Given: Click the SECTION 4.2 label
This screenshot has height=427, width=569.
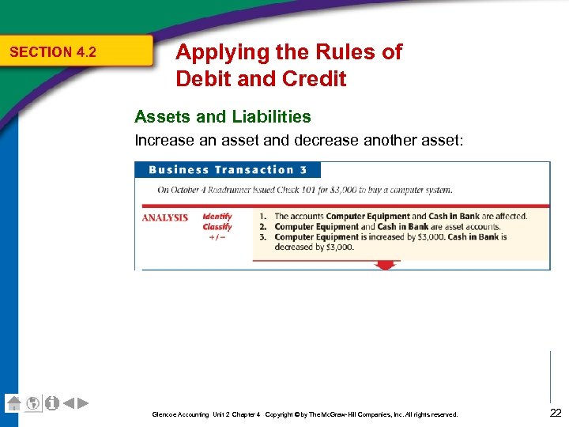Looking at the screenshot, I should coord(52,52).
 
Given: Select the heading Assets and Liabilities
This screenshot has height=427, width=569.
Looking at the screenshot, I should coord(223,117).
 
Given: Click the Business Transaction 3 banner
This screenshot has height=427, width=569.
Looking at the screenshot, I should coord(227,170).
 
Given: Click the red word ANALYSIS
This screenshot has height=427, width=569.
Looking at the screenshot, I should coord(164,217).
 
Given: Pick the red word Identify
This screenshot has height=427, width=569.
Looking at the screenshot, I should coord(217,216).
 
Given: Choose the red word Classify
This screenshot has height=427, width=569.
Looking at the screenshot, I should coord(217,226).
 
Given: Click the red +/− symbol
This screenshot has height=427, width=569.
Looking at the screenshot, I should coord(217,237).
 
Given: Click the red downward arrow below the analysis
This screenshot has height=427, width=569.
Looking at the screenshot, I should coord(386,265).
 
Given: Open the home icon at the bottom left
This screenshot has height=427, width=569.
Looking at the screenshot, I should coord(13,402).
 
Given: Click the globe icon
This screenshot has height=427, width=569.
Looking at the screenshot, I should coord(32,402).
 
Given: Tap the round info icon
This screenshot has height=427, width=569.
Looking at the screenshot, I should coord(51,402).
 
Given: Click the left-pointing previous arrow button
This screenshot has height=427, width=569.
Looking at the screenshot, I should coord(69,402).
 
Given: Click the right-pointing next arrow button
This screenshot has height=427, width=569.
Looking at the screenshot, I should coord(83,402).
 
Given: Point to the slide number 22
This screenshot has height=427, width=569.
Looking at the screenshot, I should coord(554,411).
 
